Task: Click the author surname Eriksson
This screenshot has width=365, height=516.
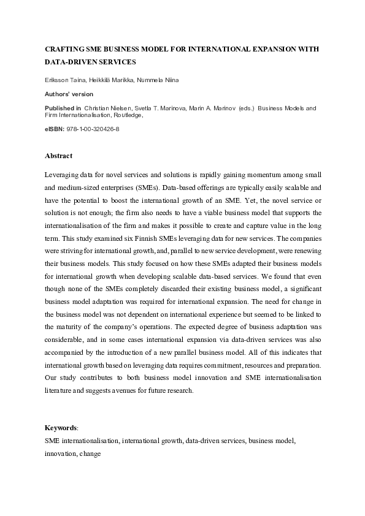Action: coord(58,80)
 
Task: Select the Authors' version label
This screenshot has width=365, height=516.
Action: coord(69,94)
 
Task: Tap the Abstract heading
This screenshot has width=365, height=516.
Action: coord(58,156)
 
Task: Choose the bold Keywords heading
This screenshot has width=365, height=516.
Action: coord(61,428)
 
